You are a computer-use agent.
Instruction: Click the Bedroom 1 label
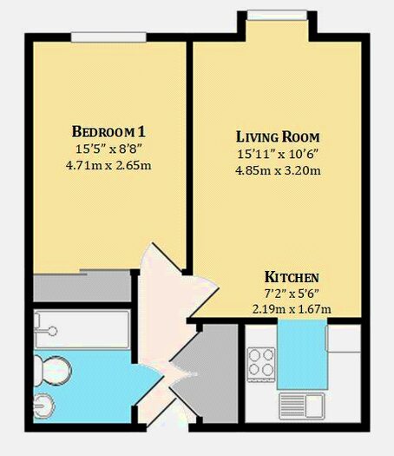click(x=109, y=132)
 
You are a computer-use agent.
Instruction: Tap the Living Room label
click(x=279, y=137)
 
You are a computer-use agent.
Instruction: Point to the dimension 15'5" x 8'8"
click(x=109, y=149)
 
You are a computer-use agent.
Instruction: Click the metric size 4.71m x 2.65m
click(x=109, y=165)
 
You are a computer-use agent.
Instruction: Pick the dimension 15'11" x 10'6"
click(x=279, y=154)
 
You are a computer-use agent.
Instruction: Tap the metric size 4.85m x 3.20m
click(x=279, y=170)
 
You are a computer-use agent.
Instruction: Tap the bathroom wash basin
click(x=45, y=404)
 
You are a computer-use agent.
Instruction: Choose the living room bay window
click(x=277, y=15)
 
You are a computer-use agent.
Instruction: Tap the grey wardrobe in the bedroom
click(x=82, y=285)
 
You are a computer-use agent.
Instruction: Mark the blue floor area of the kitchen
click(x=302, y=352)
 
